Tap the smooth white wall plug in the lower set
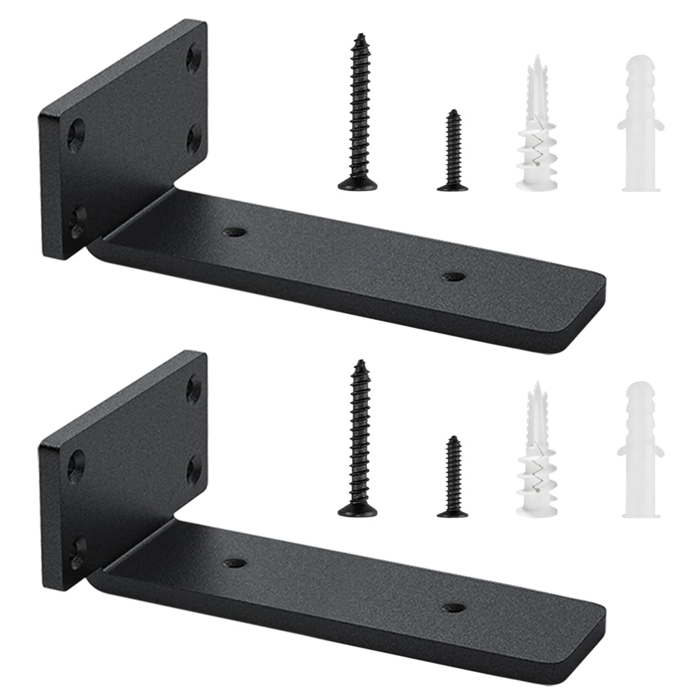(x=640, y=452)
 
